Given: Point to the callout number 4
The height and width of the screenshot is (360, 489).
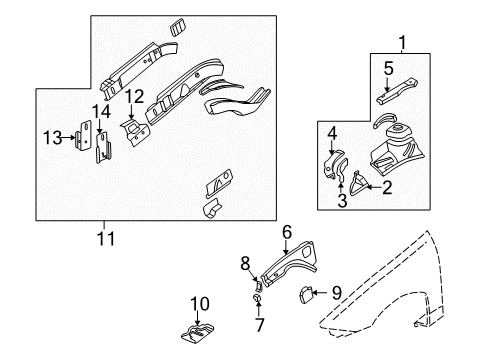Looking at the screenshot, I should click(x=331, y=134).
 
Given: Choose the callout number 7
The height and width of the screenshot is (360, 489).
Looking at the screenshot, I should click(x=258, y=324).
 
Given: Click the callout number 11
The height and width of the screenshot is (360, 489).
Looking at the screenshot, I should click(x=106, y=238).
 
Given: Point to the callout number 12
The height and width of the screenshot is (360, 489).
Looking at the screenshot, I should click(x=132, y=97).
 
